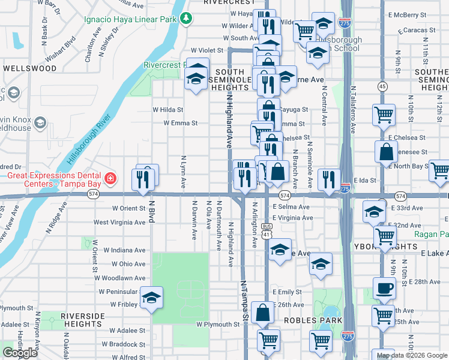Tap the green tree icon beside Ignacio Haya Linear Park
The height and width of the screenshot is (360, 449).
pyautogui.click(x=187, y=19)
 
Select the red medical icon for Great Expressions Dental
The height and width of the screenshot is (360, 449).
pyautogui.click(x=110, y=178)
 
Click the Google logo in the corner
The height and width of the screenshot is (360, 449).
pyautogui.click(x=20, y=353)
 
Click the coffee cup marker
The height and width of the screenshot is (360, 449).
pyautogui.click(x=384, y=288)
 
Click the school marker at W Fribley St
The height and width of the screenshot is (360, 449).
pyautogui.click(x=152, y=298)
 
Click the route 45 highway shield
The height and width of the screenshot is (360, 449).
pyautogui.click(x=382, y=86)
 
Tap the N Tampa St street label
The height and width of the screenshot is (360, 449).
pyautogui.click(x=244, y=300)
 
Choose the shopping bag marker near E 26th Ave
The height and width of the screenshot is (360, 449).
pyautogui.click(x=263, y=312)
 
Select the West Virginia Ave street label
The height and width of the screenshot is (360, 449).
pyautogui.click(x=119, y=222)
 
